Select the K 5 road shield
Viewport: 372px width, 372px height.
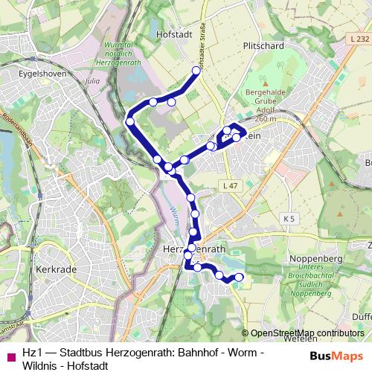pyautogui.click(x=289, y=218)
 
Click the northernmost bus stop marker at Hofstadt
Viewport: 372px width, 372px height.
pyautogui.click(x=197, y=71)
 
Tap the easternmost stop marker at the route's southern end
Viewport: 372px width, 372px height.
pyautogui.click(x=240, y=278)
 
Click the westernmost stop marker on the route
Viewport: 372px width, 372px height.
pyautogui.click(x=129, y=121)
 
